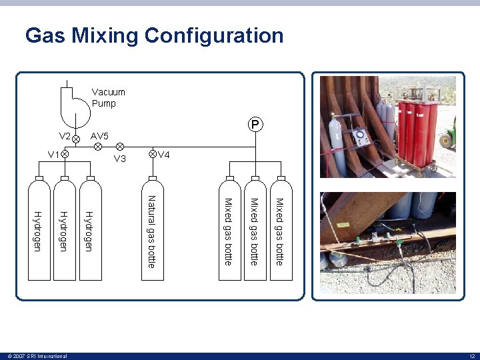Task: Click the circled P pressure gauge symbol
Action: click(x=255, y=125)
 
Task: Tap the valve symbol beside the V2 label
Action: click(x=76, y=138)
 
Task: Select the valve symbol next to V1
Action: click(x=65, y=155)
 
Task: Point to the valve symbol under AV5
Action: click(x=97, y=146)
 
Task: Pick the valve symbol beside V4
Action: click(x=153, y=155)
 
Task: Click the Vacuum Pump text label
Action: click(x=108, y=98)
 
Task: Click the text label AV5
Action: click(x=99, y=136)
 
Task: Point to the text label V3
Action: click(x=120, y=159)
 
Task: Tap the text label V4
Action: click(x=164, y=155)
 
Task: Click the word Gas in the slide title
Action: click(x=45, y=35)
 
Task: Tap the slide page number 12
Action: click(x=471, y=356)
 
